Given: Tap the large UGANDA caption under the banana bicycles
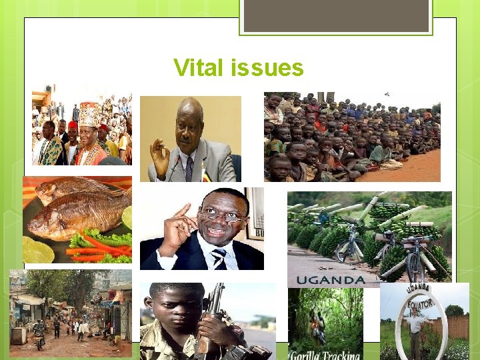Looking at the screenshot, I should coord(331,280).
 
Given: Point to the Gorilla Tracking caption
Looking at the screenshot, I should coord(325,354).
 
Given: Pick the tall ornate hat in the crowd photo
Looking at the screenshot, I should coord(89,114).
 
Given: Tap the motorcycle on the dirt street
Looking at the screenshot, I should coord(39,337).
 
